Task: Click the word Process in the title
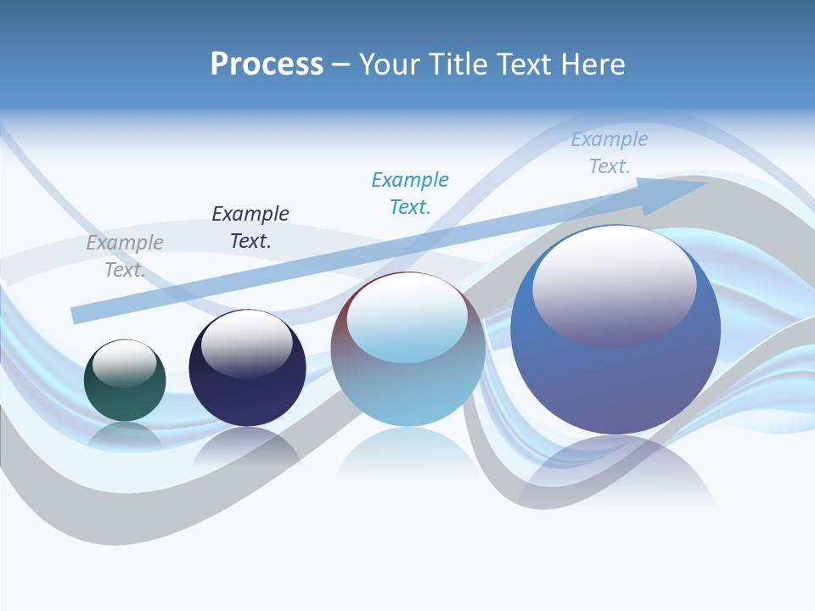(x=267, y=64)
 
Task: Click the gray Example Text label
(x=125, y=256)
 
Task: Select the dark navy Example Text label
(x=250, y=227)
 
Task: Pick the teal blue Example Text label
(x=410, y=193)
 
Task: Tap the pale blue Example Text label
(x=610, y=153)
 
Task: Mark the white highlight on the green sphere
(x=125, y=362)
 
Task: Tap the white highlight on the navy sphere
(x=247, y=342)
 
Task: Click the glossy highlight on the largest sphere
(x=615, y=284)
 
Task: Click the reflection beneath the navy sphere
(x=247, y=446)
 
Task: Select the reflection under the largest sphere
(x=615, y=471)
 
